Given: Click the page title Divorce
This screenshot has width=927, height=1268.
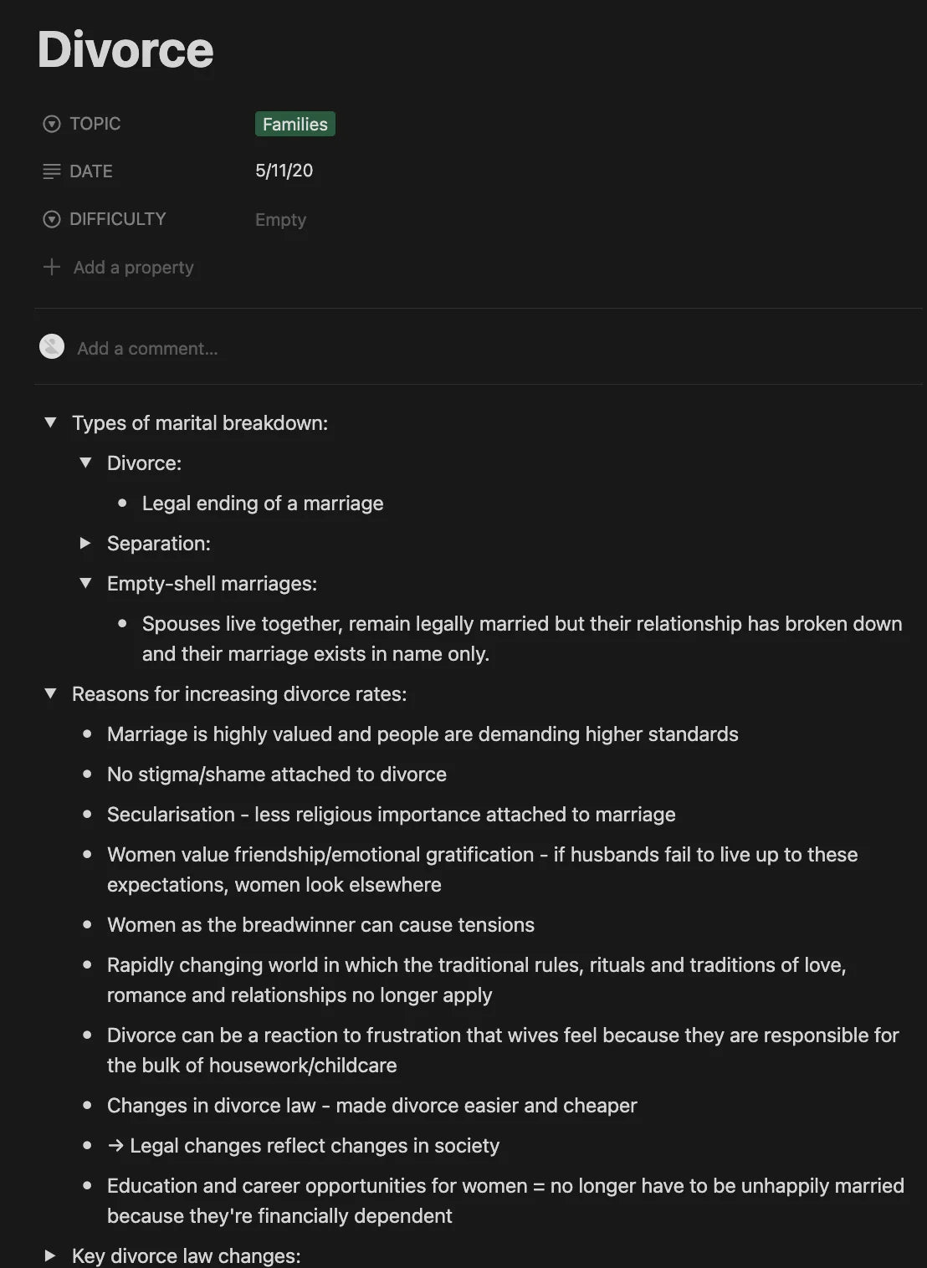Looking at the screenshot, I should click(x=125, y=49).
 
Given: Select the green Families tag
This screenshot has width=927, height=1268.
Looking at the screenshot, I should click(x=294, y=124).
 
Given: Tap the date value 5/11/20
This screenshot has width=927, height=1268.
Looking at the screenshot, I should click(x=284, y=171).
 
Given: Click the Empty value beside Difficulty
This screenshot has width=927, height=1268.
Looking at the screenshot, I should click(x=280, y=219).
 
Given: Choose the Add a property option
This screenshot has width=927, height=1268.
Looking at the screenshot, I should click(x=133, y=268).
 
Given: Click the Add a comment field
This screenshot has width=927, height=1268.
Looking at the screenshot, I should click(x=147, y=348).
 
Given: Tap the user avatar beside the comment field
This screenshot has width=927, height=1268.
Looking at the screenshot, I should click(x=52, y=346).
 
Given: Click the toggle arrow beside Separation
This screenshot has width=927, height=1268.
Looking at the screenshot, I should click(x=85, y=543).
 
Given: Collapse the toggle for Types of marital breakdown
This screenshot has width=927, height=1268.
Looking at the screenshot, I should click(x=50, y=422).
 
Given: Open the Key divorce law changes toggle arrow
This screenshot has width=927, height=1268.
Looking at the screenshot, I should click(x=50, y=1255).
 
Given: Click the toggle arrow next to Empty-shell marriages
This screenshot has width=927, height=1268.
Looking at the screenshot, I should click(x=85, y=583).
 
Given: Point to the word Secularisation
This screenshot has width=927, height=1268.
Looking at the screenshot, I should click(x=171, y=815).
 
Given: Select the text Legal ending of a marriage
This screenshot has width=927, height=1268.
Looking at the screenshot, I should click(x=263, y=504).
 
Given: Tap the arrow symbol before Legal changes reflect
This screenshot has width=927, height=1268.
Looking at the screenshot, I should click(x=115, y=1146).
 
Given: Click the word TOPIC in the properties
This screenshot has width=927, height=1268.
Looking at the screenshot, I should click(x=95, y=124).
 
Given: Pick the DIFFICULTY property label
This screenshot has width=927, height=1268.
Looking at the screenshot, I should click(x=118, y=219).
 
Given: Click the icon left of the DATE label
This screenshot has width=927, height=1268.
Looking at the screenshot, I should click(x=52, y=171).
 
